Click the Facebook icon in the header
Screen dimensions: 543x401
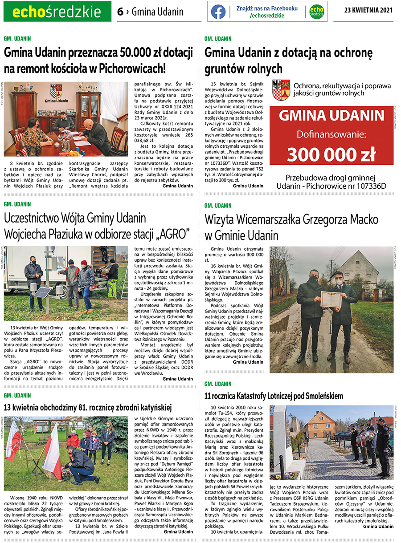pos(218,12)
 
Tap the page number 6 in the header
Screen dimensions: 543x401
pos(120,12)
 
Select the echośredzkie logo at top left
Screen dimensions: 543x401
pos(57,12)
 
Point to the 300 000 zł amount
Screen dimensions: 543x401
pos(331,154)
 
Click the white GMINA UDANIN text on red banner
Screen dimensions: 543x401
pos(331,116)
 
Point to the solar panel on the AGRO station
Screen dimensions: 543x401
pos(43,292)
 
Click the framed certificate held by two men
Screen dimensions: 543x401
pos(331,298)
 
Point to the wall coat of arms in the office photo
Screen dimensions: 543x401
pos(55,91)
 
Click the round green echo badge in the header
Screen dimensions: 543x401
pos(317,12)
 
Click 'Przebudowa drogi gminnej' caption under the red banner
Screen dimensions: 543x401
pos(331,177)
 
